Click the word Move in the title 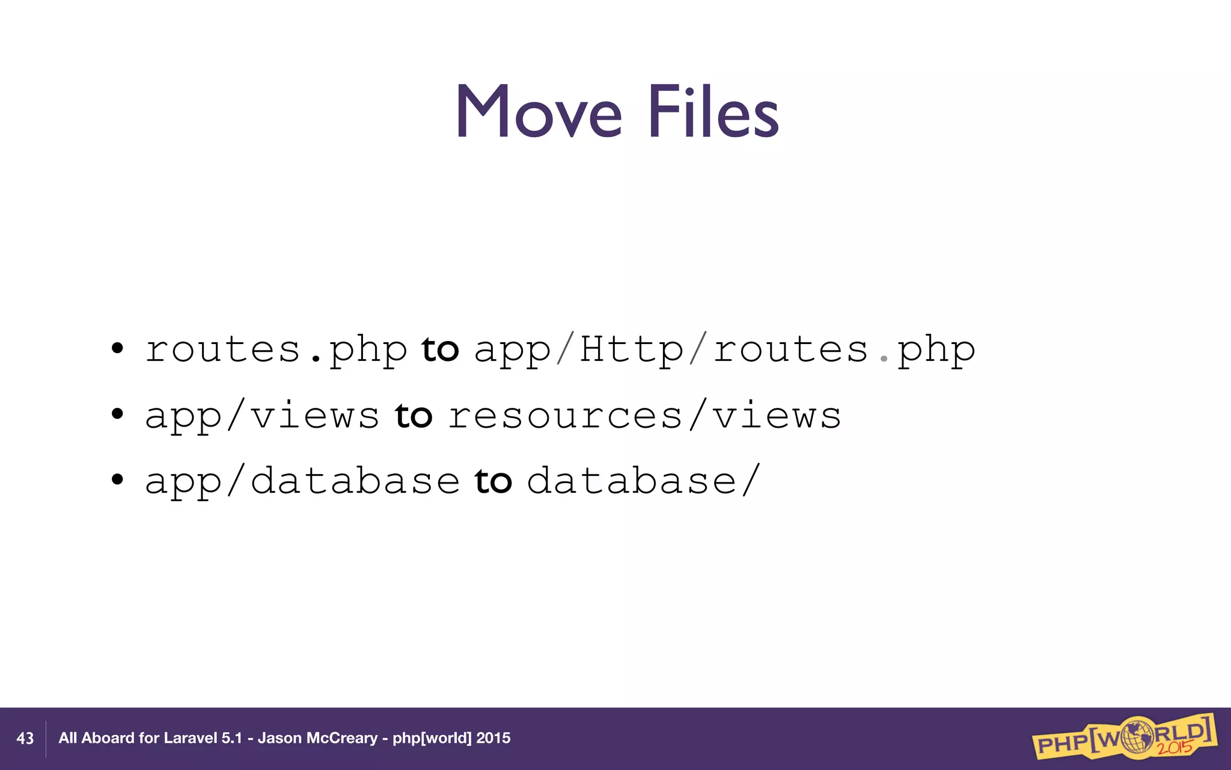pyautogui.click(x=539, y=112)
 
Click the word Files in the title pyautogui.click(x=713, y=112)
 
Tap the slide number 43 pyautogui.click(x=25, y=738)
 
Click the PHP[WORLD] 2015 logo pyautogui.click(x=1124, y=737)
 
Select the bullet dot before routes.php pyautogui.click(x=117, y=348)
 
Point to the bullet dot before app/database pyautogui.click(x=117, y=479)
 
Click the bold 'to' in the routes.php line pyautogui.click(x=440, y=350)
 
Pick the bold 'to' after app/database pyautogui.click(x=493, y=481)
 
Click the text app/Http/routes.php pyautogui.click(x=724, y=351)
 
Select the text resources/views pyautogui.click(x=644, y=416)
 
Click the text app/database pyautogui.click(x=302, y=482)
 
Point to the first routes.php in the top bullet pyautogui.click(x=276, y=351)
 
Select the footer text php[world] pyautogui.click(x=432, y=738)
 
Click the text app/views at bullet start pyautogui.click(x=261, y=416)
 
